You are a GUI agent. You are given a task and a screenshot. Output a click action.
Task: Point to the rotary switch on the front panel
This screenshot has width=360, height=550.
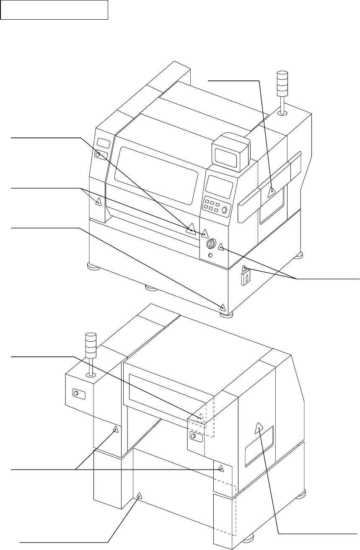212,244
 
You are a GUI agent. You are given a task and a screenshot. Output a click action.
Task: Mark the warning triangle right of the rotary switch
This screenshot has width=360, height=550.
221,249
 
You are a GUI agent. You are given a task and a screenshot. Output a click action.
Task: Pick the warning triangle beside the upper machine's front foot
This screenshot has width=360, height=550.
223,306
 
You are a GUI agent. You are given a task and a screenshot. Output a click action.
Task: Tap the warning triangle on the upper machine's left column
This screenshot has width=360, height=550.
98,202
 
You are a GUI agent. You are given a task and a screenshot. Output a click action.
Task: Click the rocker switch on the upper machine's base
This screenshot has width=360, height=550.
246,277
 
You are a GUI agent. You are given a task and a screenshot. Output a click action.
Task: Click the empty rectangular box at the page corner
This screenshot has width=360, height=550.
54,10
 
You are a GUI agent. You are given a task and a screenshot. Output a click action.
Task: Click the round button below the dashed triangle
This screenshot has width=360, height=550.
193,436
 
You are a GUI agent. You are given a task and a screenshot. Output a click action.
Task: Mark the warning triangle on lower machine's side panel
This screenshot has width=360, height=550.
259,428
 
